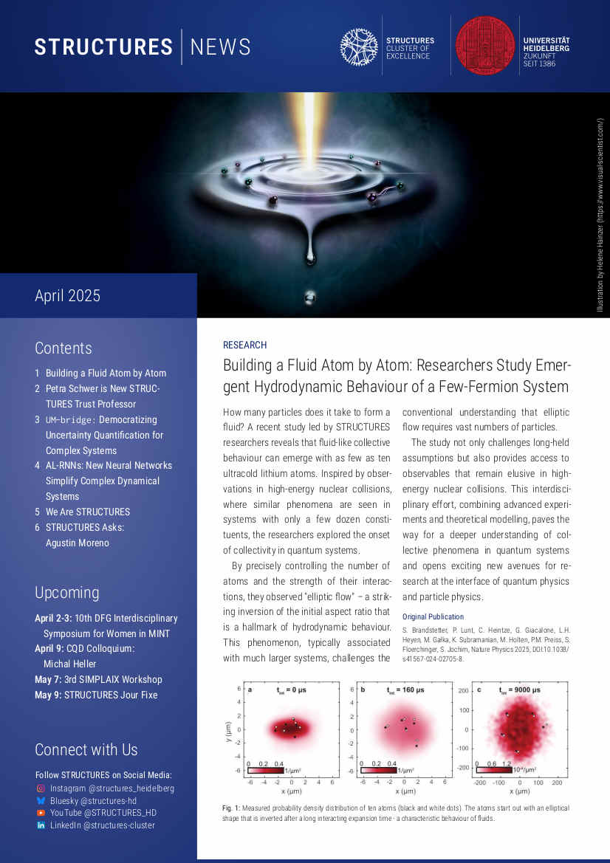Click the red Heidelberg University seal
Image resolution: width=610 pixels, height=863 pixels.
click(x=485, y=45)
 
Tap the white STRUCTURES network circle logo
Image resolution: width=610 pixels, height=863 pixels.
click(x=359, y=46)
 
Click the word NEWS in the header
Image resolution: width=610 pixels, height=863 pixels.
click(x=220, y=47)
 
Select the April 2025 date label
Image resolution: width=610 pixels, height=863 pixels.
click(x=67, y=296)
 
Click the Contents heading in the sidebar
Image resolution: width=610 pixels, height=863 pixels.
click(x=64, y=348)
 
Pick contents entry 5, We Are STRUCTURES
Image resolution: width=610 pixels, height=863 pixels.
click(x=87, y=512)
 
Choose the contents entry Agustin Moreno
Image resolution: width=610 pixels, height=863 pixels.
click(x=77, y=543)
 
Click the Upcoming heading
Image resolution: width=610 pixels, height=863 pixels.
click(x=66, y=593)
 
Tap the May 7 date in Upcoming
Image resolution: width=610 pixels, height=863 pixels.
click(x=48, y=679)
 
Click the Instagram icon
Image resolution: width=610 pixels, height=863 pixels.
click(x=41, y=788)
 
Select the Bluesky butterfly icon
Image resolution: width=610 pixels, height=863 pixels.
click(x=41, y=801)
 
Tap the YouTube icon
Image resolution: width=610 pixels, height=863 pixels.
click(x=41, y=813)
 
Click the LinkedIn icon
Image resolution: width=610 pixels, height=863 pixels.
click(x=41, y=825)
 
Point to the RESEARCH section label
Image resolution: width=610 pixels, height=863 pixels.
click(x=244, y=345)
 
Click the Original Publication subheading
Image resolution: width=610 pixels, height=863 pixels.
click(x=433, y=616)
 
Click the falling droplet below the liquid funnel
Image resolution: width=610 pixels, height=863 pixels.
click(x=310, y=255)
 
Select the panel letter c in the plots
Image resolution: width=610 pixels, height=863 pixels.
click(x=479, y=690)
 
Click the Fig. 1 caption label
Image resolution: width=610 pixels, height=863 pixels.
click(x=231, y=808)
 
